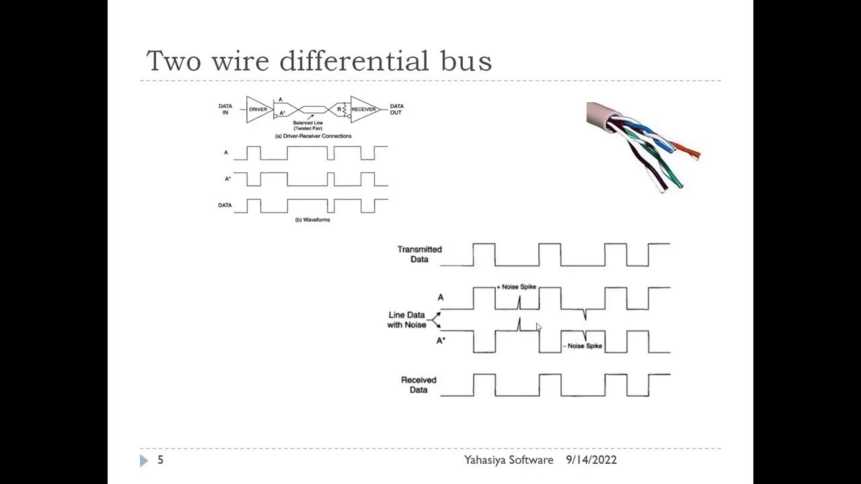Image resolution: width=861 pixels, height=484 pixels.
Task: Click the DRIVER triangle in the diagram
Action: coord(257,109)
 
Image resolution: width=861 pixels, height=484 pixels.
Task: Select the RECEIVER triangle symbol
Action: coord(363,109)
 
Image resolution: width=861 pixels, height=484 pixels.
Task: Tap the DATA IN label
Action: coord(225,109)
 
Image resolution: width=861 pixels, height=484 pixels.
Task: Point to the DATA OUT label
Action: coord(396,109)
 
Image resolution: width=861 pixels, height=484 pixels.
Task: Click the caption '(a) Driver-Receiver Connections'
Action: coord(313,136)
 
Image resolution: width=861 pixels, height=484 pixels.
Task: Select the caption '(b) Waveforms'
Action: coord(313,220)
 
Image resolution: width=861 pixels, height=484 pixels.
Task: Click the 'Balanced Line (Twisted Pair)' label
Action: coord(308,126)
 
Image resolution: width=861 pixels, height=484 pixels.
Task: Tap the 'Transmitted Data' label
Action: coord(419,254)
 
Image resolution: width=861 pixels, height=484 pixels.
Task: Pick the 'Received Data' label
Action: coord(418,385)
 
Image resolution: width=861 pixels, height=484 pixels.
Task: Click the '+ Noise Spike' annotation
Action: coord(517,287)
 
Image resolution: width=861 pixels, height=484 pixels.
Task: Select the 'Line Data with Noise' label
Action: coord(406,320)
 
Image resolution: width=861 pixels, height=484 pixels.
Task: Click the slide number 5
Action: coord(160,460)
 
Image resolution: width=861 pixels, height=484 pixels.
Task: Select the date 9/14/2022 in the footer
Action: coord(591,460)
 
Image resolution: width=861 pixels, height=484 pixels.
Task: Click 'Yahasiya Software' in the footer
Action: coord(509,460)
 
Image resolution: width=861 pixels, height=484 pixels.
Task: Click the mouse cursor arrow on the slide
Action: coord(538,327)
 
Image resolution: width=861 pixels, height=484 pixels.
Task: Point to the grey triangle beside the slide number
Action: coord(144,460)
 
